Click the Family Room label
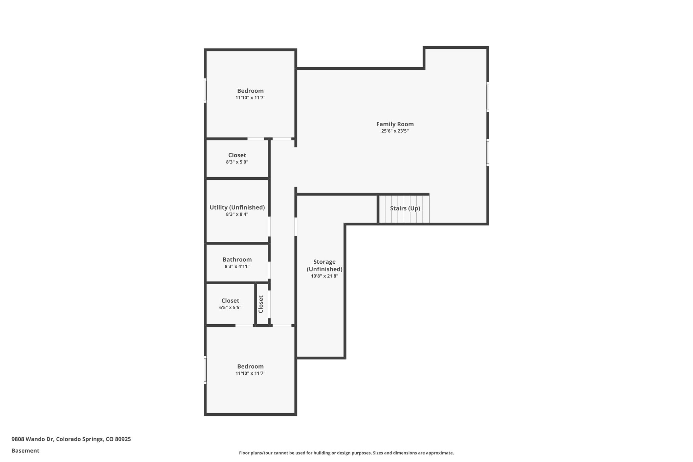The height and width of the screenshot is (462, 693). (395, 124)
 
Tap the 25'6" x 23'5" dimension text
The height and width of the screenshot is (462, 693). (395, 131)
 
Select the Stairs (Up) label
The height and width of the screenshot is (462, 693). (405, 208)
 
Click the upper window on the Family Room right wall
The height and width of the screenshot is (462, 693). (488, 97)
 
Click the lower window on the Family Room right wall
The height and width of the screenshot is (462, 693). (488, 153)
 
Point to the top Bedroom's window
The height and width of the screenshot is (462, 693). (205, 90)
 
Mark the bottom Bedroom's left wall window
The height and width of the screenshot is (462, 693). (205, 370)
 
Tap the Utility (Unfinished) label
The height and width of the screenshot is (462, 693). (237, 207)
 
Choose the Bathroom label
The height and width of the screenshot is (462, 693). (237, 260)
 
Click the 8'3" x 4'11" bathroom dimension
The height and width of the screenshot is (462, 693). (237, 267)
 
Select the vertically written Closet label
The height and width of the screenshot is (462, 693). (261, 304)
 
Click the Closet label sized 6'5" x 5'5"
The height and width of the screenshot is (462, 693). (230, 301)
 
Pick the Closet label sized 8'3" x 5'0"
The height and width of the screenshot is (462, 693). (237, 155)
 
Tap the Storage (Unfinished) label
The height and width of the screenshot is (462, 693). (325, 265)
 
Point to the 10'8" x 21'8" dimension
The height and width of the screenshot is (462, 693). (325, 276)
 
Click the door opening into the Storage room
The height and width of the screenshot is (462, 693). (296, 226)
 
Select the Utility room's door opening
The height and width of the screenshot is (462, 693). (269, 226)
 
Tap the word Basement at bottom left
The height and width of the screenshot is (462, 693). (25, 451)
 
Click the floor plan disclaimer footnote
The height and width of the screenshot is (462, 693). (346, 453)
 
